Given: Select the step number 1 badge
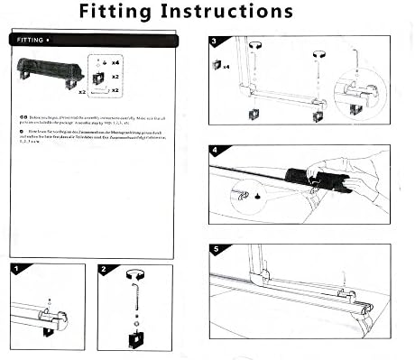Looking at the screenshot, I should click(x=16, y=269).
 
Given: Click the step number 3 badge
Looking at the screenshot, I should click(x=215, y=42).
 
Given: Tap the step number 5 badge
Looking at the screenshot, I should click(x=215, y=249).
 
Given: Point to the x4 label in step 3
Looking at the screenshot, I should click(x=226, y=67).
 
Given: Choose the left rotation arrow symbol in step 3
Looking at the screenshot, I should click(x=255, y=44).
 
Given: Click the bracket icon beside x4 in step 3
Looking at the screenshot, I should click(x=217, y=66).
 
